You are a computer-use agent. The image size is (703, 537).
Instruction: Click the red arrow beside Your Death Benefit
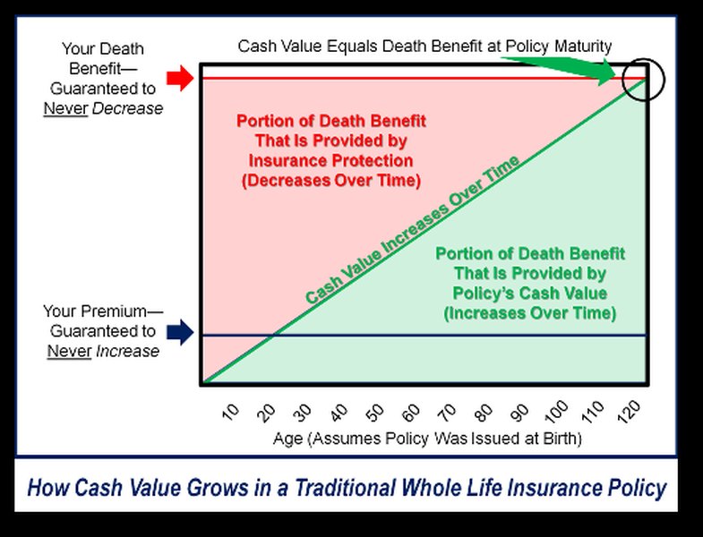tap(180, 79)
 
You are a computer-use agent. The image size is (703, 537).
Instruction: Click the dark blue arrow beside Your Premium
tap(180, 333)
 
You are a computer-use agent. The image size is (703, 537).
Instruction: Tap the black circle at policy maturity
tap(645, 80)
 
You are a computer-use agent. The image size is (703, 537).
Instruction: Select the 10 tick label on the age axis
tap(230, 413)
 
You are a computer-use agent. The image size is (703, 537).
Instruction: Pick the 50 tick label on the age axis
tap(375, 413)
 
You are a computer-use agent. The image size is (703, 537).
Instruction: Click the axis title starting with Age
tap(427, 439)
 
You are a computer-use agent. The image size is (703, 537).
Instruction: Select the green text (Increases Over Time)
tap(530, 313)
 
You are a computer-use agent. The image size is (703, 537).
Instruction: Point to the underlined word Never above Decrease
tap(67, 108)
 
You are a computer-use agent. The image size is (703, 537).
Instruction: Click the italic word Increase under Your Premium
tap(129, 351)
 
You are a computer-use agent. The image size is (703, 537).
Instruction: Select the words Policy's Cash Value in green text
tap(530, 294)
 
